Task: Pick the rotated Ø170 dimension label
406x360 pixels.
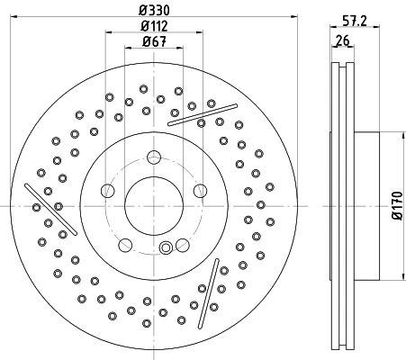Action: (395, 204)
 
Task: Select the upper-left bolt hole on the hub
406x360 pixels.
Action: (108, 190)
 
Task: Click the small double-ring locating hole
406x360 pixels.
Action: (164, 249)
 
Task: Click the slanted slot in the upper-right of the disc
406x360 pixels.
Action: (195, 112)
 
